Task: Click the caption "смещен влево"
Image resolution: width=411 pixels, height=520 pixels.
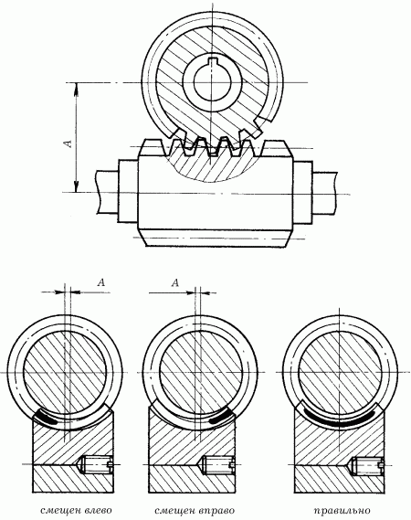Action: point(76,510)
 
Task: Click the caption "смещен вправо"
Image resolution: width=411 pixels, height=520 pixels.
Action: point(195,510)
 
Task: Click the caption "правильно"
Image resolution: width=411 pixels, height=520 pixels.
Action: point(342,510)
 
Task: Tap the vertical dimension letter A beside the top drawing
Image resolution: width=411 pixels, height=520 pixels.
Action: point(68,143)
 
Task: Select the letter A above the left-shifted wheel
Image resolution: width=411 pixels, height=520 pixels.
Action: point(101,282)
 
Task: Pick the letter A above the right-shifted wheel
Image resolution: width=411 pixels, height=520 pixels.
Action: point(175,283)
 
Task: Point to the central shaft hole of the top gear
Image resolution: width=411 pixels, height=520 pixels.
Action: point(211,83)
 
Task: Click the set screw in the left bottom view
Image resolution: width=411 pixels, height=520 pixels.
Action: point(96,464)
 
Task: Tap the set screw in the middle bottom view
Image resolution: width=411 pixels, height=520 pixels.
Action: point(218,464)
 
